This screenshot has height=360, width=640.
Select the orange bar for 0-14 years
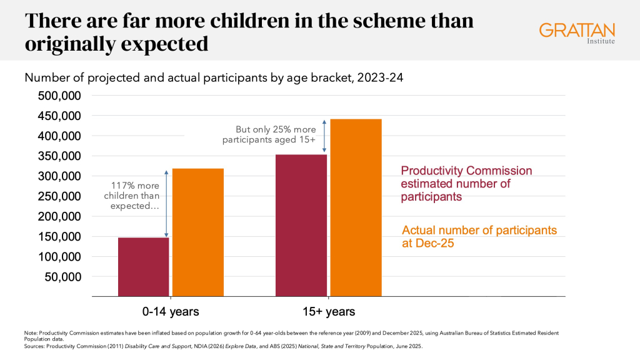pyautogui.click(x=198, y=232)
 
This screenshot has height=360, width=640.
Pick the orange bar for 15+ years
pyautogui.click(x=356, y=207)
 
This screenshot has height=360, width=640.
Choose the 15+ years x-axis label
pyautogui.click(x=329, y=311)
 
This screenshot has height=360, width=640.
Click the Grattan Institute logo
pyautogui.click(x=577, y=32)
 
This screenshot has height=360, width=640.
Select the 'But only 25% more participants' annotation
pyautogui.click(x=271, y=135)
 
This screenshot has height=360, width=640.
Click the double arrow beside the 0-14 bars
pyautogui.click(x=166, y=203)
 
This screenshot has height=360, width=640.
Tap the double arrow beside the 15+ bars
pyautogui.click(x=324, y=136)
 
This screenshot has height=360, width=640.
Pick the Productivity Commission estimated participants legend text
pyautogui.click(x=466, y=184)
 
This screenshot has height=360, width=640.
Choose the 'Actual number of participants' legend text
pyautogui.click(x=479, y=236)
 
